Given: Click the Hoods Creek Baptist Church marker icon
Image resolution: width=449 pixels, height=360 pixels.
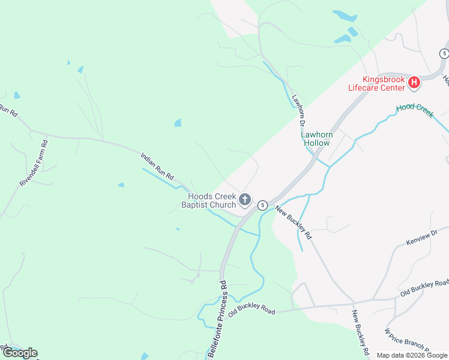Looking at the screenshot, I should click(x=245, y=199).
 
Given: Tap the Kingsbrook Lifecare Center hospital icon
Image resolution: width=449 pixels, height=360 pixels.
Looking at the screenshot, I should click(x=414, y=83).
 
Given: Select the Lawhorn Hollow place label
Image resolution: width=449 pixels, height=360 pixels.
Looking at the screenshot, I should click(x=316, y=139).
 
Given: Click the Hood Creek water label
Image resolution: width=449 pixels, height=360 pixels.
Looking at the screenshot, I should click(x=414, y=110).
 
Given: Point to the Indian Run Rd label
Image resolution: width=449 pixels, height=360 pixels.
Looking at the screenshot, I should click(x=157, y=167).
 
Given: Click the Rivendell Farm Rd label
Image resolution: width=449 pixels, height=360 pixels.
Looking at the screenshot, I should click(x=33, y=163).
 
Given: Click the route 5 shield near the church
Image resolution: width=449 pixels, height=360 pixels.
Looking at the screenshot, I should click(x=262, y=205).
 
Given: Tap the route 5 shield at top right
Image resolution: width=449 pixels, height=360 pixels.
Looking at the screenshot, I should click(x=444, y=53).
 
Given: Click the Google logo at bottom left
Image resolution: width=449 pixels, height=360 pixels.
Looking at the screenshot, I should click(x=20, y=353).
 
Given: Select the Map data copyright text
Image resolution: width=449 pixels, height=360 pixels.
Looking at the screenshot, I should click(x=412, y=355).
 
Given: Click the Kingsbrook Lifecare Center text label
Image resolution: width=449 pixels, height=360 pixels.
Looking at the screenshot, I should click(x=376, y=83).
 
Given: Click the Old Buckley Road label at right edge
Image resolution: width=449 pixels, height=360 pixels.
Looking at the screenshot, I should click(x=425, y=288).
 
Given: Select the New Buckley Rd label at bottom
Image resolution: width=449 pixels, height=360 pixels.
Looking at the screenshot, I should click(x=360, y=332).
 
